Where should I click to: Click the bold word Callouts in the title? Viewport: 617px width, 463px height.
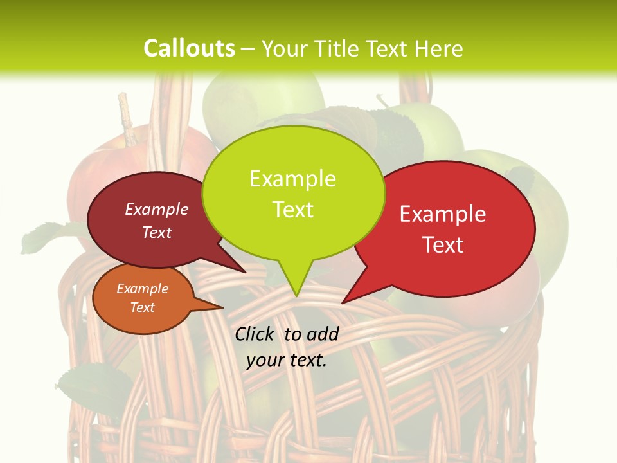(x=189, y=48)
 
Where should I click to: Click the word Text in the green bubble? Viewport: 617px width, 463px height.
(x=292, y=209)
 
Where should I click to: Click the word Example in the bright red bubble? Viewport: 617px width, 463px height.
(x=443, y=214)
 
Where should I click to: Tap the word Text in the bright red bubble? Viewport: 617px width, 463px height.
(x=443, y=245)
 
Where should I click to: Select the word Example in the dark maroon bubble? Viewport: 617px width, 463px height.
(x=157, y=209)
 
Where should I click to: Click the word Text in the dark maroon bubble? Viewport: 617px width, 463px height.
(x=157, y=232)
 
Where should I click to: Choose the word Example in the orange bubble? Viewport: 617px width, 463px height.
(x=142, y=289)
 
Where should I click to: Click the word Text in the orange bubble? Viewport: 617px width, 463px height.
(x=142, y=307)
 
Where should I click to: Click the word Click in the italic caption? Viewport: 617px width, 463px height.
(x=255, y=334)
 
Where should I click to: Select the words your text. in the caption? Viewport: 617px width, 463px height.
(x=287, y=360)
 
